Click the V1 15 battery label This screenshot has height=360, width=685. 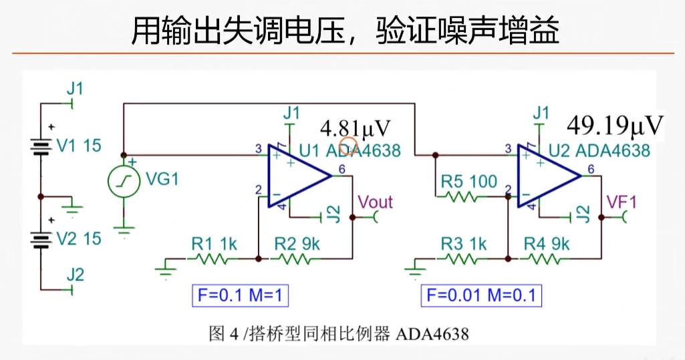pyautogui.click(x=79, y=145)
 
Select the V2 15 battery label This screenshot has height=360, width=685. pyautogui.click(x=79, y=238)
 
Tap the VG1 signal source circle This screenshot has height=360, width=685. pyautogui.click(x=124, y=180)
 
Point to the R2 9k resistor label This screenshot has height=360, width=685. pyautogui.click(x=297, y=244)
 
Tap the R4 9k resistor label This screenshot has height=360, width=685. pyautogui.click(x=547, y=244)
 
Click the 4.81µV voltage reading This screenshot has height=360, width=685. pyautogui.click(x=355, y=128)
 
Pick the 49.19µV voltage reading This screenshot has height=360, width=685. pyautogui.click(x=615, y=124)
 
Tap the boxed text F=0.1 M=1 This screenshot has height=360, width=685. pyautogui.click(x=241, y=295)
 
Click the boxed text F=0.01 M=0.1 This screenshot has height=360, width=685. pyautogui.click(x=481, y=295)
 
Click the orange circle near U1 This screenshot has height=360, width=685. pyautogui.click(x=349, y=146)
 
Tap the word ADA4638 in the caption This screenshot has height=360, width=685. pyautogui.click(x=432, y=332)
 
